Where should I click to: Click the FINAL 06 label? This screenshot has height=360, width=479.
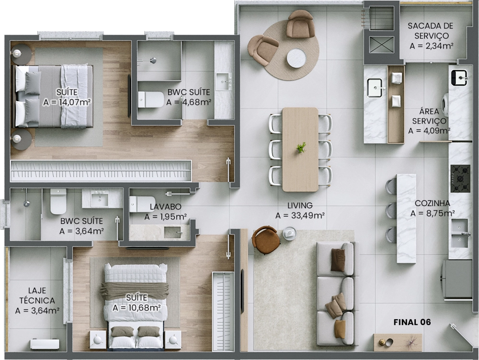click(x=412, y=322)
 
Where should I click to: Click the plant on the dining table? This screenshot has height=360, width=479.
click(x=301, y=148)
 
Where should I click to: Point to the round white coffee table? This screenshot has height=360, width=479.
click(x=297, y=58)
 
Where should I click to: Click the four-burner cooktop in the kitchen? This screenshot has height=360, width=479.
click(x=460, y=178)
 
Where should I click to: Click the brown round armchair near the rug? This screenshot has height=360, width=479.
click(x=265, y=240)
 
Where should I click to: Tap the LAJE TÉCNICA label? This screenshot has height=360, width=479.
click(x=37, y=295)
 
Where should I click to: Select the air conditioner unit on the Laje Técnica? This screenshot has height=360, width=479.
click(x=45, y=344)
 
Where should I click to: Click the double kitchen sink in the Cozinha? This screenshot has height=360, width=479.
click(x=460, y=234)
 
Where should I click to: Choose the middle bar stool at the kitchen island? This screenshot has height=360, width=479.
click(x=391, y=210)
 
